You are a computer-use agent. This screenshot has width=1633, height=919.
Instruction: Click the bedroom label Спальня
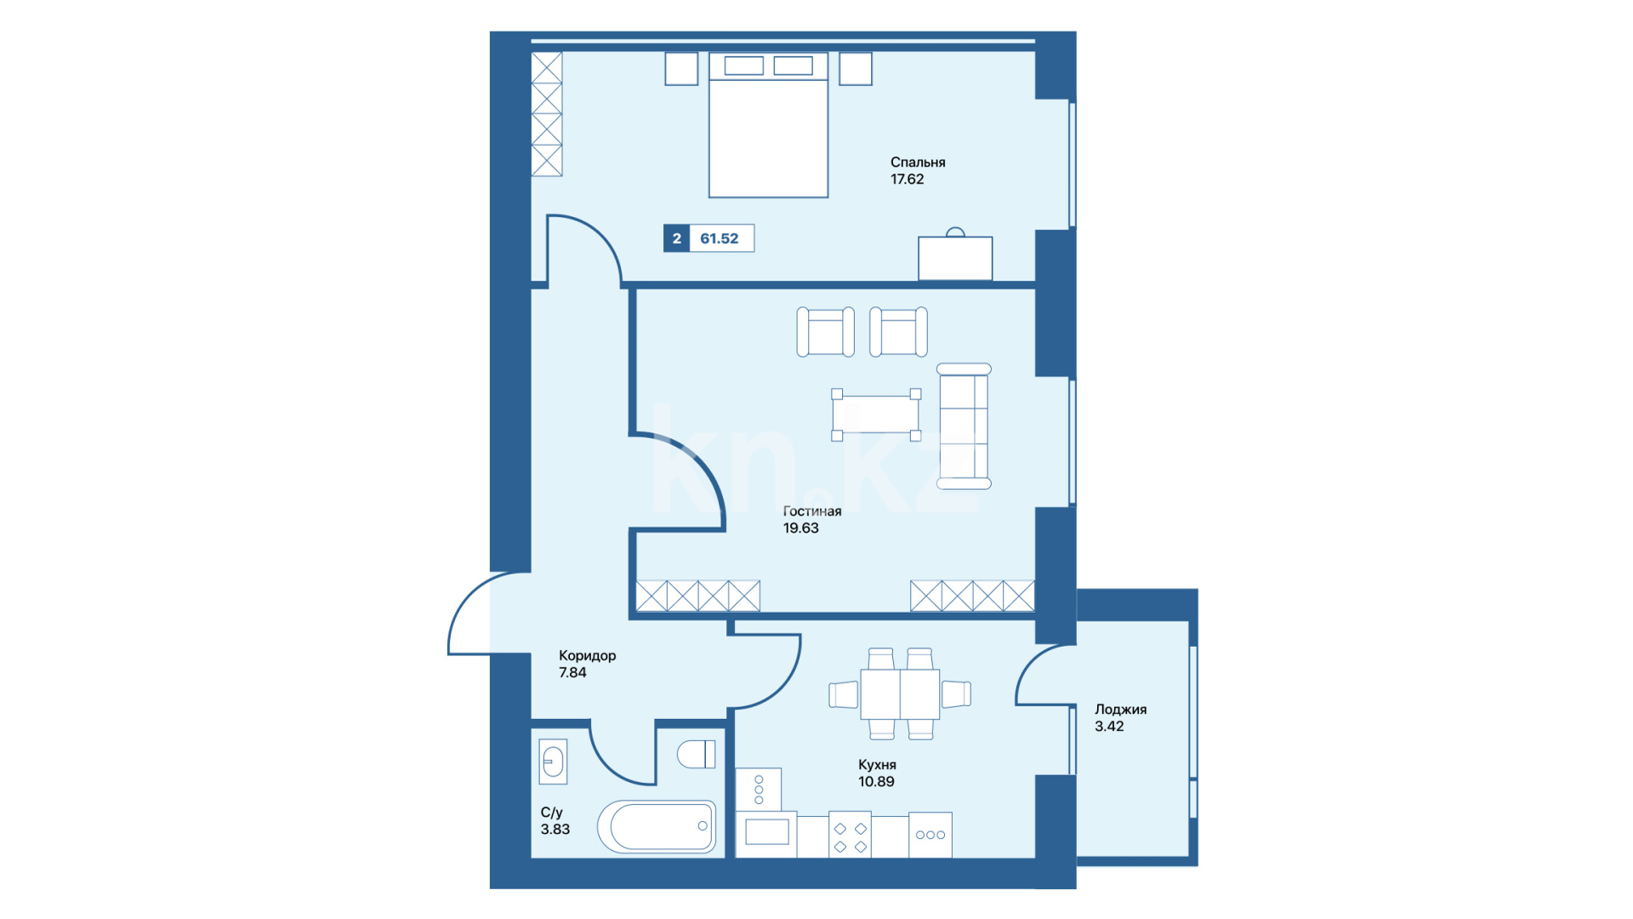pyautogui.click(x=918, y=162)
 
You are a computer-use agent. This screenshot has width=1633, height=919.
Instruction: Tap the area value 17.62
pyautogui.click(x=907, y=179)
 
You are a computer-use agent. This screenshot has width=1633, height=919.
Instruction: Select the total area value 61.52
pyautogui.click(x=719, y=238)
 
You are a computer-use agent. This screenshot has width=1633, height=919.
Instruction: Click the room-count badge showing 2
pyautogui.click(x=676, y=238)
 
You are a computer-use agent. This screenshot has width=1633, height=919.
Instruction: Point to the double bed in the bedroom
pyautogui.click(x=768, y=125)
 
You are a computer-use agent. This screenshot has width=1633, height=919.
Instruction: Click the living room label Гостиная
pyautogui.click(x=812, y=511)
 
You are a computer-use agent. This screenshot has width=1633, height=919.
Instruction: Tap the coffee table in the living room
pyautogui.click(x=876, y=414)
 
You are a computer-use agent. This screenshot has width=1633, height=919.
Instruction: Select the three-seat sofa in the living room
pyautogui.click(x=964, y=426)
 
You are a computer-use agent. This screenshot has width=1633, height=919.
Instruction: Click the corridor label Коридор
pyautogui.click(x=587, y=655)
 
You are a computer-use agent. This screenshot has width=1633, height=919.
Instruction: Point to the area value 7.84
pyautogui.click(x=572, y=672)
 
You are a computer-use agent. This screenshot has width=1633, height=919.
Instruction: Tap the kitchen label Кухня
pyautogui.click(x=877, y=764)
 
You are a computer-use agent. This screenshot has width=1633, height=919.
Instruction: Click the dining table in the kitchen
pyautogui.click(x=900, y=694)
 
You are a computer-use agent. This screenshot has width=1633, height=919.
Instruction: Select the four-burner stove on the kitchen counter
pyautogui.click(x=850, y=835)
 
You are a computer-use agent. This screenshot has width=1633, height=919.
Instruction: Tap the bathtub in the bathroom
pyautogui.click(x=657, y=825)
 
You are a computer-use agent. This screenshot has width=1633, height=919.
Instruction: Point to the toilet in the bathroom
pyautogui.click(x=697, y=754)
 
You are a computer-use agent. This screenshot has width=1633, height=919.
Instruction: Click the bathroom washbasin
pyautogui.click(x=553, y=761)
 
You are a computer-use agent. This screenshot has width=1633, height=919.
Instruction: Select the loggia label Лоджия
pyautogui.click(x=1120, y=709)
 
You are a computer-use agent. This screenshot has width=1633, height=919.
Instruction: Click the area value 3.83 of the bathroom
pyautogui.click(x=555, y=829)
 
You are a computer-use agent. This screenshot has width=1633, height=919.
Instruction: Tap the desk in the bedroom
pyautogui.click(x=955, y=258)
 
